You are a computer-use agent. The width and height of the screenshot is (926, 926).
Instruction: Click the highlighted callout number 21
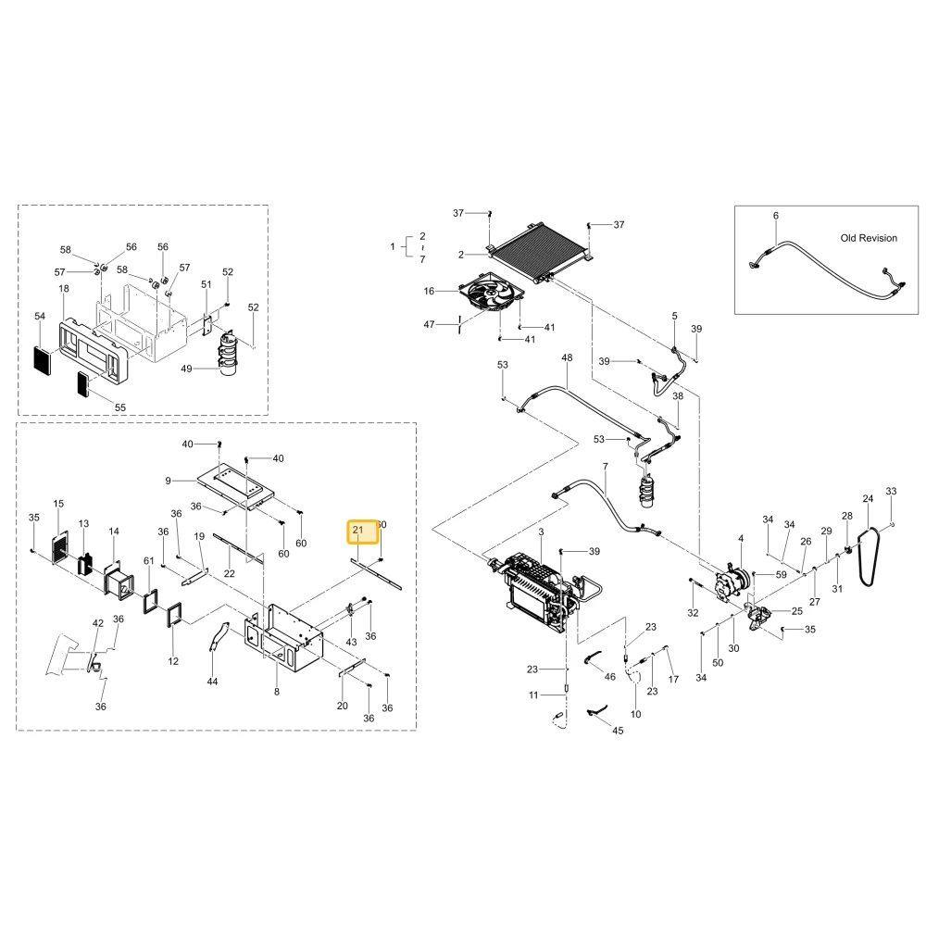357,530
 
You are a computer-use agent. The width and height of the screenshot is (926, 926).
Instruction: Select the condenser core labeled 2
542,252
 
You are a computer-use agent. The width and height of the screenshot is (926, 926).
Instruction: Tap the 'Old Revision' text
869,238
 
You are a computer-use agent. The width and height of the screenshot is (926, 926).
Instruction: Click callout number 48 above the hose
567,357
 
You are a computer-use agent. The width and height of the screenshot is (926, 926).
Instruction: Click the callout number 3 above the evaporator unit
541,532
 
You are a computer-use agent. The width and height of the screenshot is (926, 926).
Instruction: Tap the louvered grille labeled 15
59,547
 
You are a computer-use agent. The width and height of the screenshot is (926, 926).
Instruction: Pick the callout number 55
120,407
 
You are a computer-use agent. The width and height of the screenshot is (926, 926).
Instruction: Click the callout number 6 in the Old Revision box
776,216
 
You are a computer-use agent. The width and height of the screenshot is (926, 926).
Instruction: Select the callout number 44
213,682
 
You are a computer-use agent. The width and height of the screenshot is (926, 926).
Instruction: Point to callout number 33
891,491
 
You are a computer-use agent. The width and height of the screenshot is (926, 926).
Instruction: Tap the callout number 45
618,731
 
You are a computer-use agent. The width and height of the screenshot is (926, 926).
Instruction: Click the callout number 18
64,289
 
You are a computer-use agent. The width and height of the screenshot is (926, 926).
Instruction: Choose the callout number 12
173,661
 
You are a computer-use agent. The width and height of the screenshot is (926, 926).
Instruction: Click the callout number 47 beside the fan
430,324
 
